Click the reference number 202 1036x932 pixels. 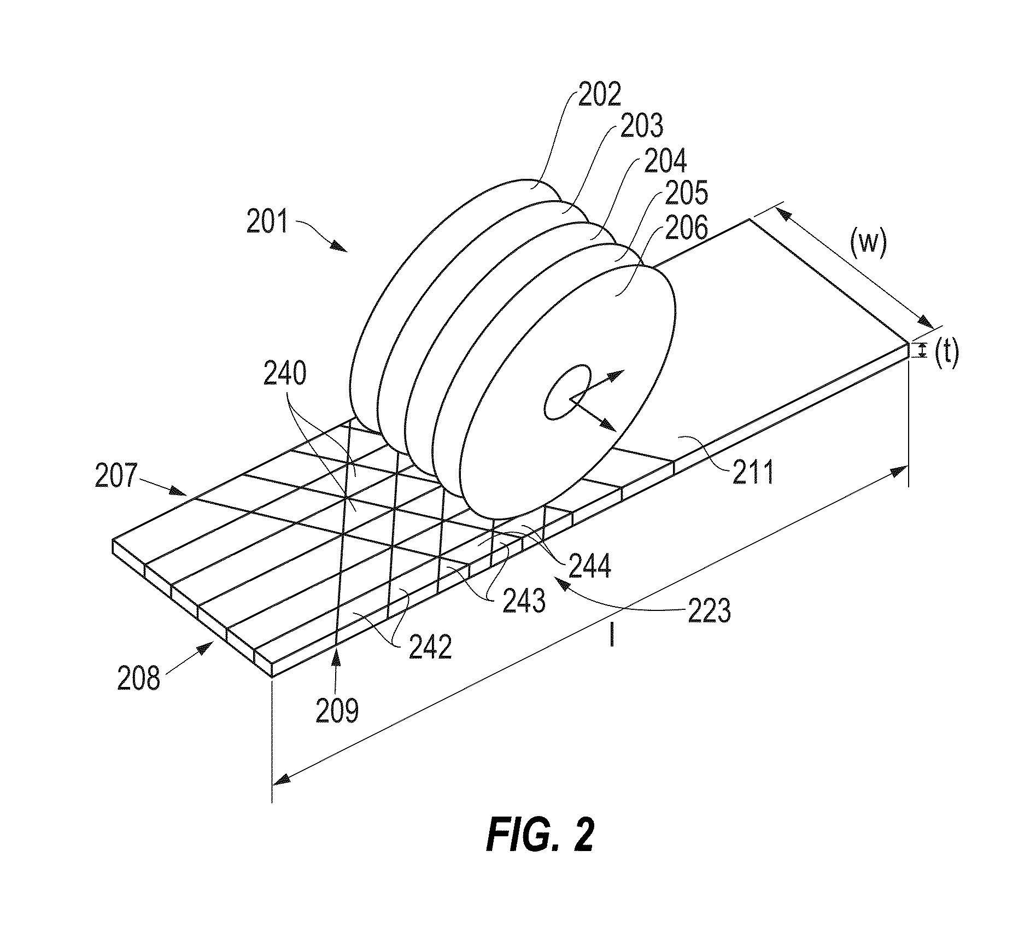(x=600, y=95)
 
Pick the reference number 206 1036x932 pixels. (x=686, y=227)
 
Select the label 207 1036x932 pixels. (x=116, y=476)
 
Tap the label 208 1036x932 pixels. (x=139, y=679)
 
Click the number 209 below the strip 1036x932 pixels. (x=337, y=712)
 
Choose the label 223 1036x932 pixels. (x=709, y=610)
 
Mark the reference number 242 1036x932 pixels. (x=430, y=648)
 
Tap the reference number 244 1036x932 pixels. (x=588, y=566)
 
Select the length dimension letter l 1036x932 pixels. (x=612, y=637)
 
